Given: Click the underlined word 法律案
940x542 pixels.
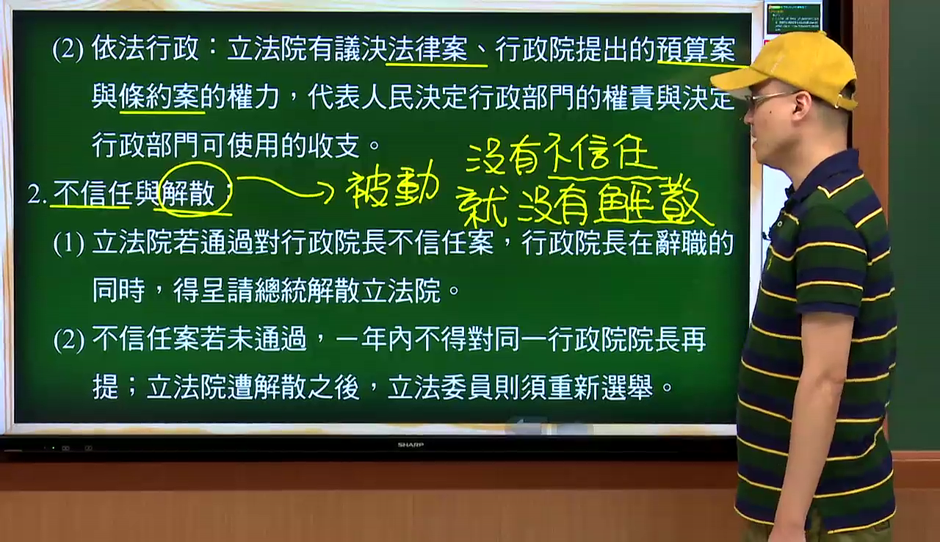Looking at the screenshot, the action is (x=427, y=49).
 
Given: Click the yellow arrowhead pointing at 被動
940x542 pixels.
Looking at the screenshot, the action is (x=328, y=192).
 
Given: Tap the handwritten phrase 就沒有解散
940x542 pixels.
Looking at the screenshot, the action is (x=583, y=203).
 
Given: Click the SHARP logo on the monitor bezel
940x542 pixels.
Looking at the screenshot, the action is (x=411, y=444).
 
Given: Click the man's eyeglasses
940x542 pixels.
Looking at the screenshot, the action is (x=768, y=100).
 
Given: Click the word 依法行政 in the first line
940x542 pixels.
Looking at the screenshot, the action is (x=145, y=48).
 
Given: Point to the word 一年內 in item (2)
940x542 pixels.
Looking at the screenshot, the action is (x=375, y=339).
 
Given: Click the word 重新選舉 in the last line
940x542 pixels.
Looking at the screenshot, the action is (x=601, y=387).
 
